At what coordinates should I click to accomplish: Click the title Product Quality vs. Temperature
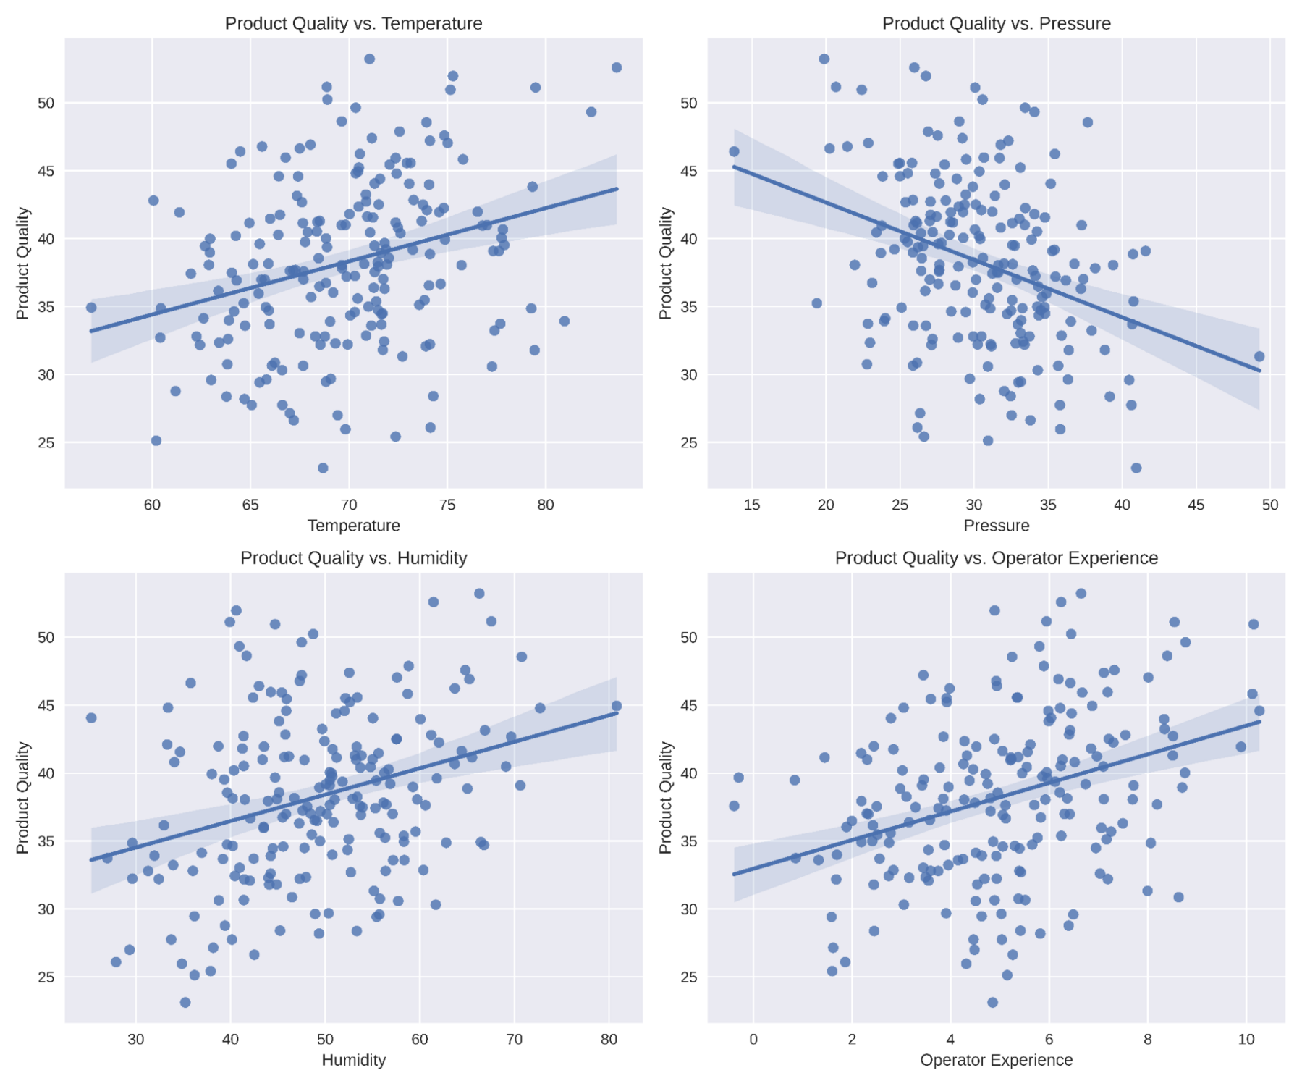coord(353,23)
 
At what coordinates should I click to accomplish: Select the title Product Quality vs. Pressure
coord(996,23)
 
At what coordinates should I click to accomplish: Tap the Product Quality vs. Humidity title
coord(353,557)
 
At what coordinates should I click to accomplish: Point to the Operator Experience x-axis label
coord(996,1060)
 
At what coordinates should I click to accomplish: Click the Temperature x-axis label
coord(353,526)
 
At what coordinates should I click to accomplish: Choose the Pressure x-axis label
coord(996,526)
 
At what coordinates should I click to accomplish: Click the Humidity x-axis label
coord(353,1060)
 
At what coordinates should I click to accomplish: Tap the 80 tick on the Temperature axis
coord(545,505)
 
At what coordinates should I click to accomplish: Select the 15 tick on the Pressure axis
coord(752,505)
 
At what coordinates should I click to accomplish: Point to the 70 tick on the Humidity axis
coord(515,1039)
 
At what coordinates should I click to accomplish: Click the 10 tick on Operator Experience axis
coord(1246,1039)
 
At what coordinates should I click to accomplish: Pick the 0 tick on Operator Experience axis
coord(753,1039)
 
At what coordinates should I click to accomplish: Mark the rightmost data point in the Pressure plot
coord(1259,356)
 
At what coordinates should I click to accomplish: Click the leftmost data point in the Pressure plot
coord(734,151)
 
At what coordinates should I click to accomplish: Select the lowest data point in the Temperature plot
coord(323,468)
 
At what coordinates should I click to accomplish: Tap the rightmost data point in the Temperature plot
coord(617,67)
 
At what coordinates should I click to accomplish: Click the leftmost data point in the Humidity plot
coord(91,717)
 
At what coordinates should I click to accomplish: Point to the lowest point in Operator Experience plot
coord(992,1003)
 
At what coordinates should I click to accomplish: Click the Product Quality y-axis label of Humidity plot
coord(22,797)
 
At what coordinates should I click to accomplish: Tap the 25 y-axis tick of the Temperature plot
coord(46,442)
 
